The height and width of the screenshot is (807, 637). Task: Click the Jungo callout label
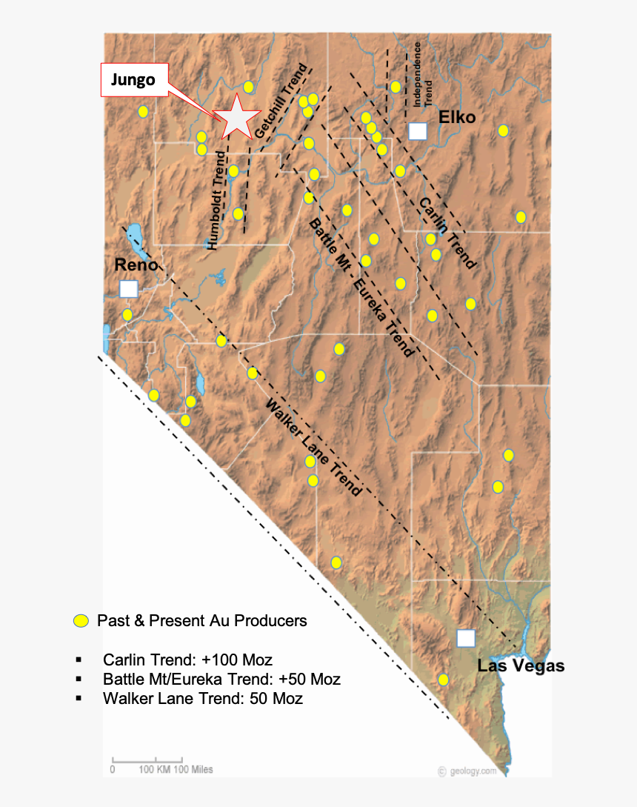point(133,80)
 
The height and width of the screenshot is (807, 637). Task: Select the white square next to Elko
point(418,131)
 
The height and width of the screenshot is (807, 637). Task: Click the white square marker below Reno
point(129,288)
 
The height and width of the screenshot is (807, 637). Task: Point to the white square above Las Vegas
point(466,638)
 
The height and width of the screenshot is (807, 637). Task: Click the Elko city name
point(456,117)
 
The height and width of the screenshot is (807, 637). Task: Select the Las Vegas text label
point(521,665)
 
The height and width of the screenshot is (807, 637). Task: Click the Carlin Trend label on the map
point(447,233)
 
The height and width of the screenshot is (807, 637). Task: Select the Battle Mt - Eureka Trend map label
point(360,286)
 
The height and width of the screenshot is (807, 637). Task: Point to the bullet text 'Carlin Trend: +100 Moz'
point(187,660)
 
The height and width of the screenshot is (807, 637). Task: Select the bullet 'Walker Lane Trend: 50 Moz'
point(203,698)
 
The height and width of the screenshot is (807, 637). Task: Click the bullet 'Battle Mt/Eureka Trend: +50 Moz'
point(221,679)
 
